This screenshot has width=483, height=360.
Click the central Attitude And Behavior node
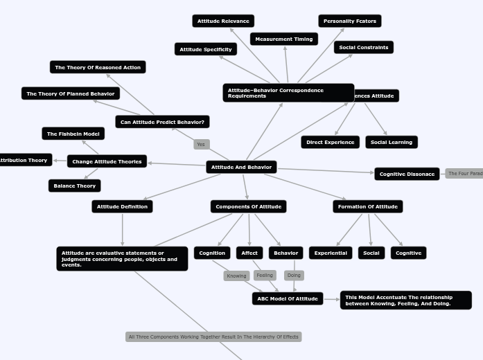(x=241, y=167)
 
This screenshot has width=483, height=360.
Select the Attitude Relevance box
(x=223, y=21)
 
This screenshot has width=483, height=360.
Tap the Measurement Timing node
(x=284, y=39)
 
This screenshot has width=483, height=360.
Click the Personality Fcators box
(x=350, y=21)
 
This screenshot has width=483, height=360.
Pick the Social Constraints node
(x=364, y=47)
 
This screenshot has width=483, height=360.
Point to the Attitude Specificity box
(x=206, y=49)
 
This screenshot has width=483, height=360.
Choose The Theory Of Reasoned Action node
(x=98, y=67)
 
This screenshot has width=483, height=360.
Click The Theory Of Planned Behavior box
(x=71, y=93)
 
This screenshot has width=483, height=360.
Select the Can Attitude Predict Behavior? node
(x=162, y=122)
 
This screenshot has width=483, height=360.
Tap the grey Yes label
(x=201, y=145)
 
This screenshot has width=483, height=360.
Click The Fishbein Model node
(x=73, y=134)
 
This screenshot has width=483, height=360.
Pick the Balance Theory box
(x=75, y=186)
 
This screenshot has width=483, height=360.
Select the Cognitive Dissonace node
(x=407, y=174)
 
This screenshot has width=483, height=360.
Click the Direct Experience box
(x=331, y=142)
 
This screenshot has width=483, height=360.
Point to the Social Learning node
(x=392, y=142)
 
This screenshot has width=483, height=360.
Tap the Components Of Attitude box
(x=248, y=206)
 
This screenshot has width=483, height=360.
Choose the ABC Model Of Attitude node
(x=288, y=298)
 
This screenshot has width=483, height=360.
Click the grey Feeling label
(x=265, y=275)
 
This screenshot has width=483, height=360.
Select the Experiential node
(x=331, y=253)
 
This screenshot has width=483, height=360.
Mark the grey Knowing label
(x=236, y=276)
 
